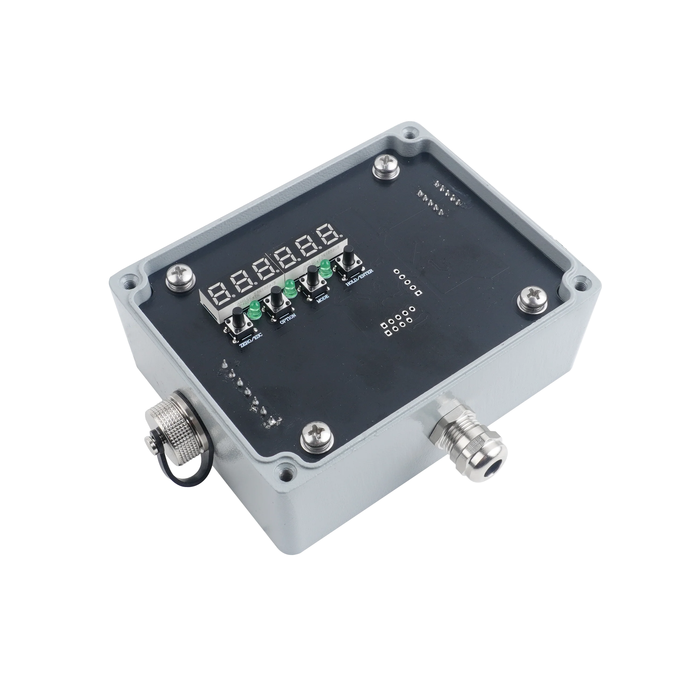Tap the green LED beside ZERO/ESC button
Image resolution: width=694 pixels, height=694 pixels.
click(255, 310)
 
